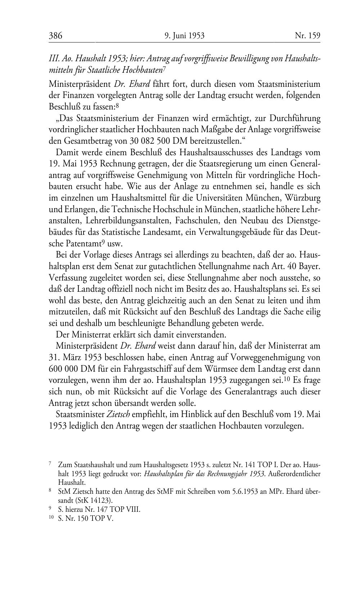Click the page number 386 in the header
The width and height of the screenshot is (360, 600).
pyautogui.click(x=56, y=36)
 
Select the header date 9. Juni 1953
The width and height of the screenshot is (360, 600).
pyautogui.click(x=184, y=36)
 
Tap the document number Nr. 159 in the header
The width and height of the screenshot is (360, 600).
pyautogui.click(x=307, y=36)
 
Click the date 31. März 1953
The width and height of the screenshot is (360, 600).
pyautogui.click(x=79, y=358)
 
